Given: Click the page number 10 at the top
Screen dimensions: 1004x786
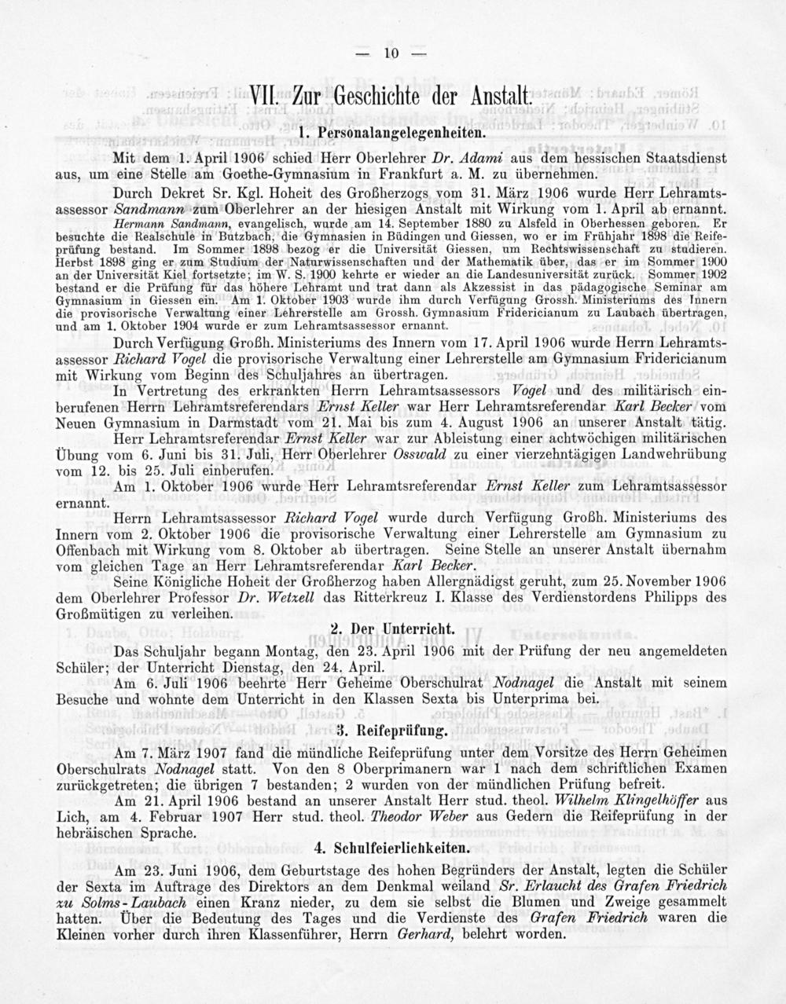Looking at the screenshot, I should [392, 53].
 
